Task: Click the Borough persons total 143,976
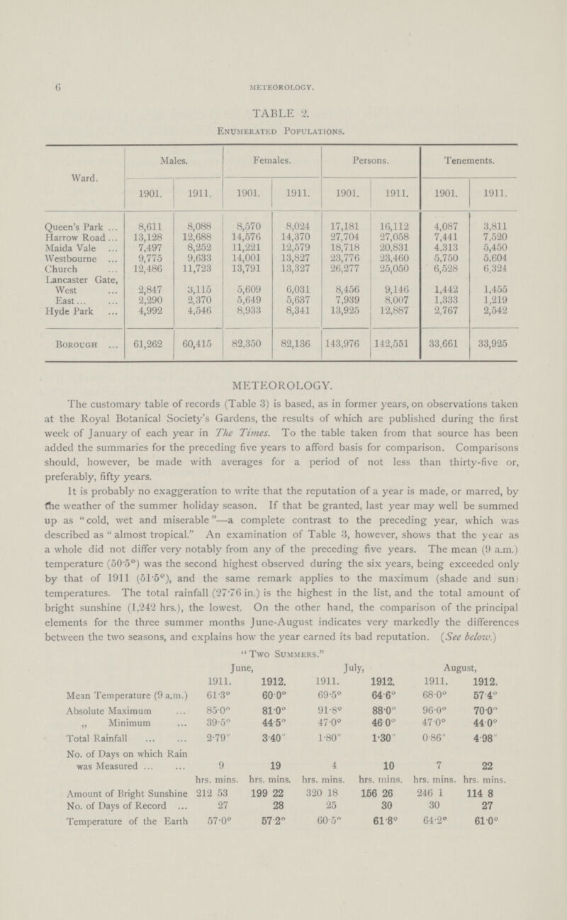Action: click(345, 347)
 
